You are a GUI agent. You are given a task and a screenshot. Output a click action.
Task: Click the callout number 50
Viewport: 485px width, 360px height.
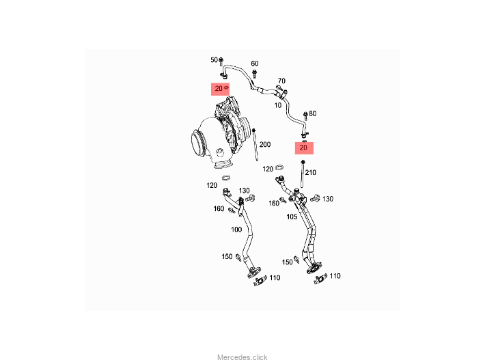tap(213, 60)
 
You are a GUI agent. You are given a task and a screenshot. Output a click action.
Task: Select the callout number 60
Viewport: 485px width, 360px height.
tap(254, 64)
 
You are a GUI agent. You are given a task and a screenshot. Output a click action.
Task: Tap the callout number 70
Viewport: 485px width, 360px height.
tap(281, 81)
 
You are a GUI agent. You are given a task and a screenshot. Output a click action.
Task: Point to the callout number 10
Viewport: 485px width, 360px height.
tap(277, 105)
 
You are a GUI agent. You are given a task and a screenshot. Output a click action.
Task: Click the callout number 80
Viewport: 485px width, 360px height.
tap(313, 113)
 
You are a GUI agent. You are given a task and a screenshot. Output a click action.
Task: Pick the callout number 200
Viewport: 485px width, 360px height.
tap(265, 144)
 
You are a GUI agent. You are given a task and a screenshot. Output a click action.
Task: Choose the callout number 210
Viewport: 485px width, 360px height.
tap(310, 172)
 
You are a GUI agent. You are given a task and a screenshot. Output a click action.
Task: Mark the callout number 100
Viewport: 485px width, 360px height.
tap(236, 230)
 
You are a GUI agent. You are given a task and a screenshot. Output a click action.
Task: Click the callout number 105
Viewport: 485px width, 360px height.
tap(292, 217)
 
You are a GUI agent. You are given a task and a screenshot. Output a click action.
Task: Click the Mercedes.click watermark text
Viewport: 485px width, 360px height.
tap(242, 357)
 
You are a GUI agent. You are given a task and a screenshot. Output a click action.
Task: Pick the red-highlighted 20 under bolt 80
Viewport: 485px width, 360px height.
tap(304, 147)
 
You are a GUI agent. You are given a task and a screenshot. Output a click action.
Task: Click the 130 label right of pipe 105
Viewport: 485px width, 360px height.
tap(328, 199)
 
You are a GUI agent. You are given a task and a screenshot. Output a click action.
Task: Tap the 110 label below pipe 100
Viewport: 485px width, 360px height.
tap(275, 277)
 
